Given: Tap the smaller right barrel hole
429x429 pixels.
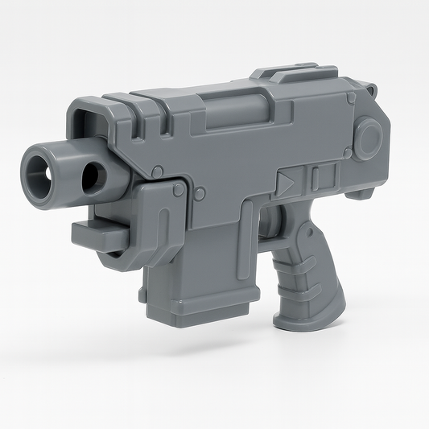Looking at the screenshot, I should (92, 173).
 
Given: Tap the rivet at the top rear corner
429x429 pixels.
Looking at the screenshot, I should (352, 97).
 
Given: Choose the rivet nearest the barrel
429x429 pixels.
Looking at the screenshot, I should (158, 171).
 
